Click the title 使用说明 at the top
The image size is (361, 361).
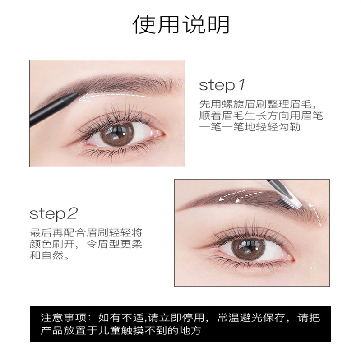[181, 25]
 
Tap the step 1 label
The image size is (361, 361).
[222, 85]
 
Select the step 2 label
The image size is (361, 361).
[54, 214]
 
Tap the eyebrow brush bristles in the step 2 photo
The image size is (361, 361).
[285, 205]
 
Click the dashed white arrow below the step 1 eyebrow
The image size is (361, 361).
[114, 96]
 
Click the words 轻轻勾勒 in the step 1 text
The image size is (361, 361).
[278, 127]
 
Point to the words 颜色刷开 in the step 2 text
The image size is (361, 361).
[52, 244]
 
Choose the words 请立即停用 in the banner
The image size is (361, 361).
[176, 318]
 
